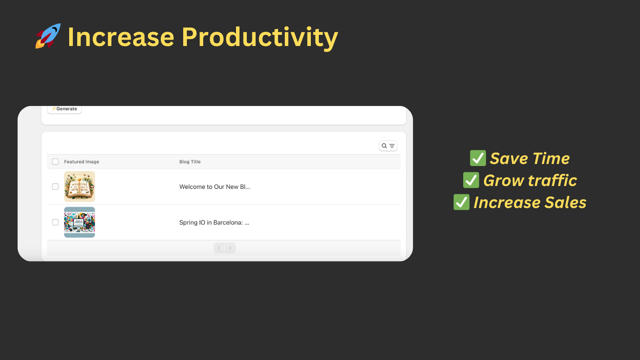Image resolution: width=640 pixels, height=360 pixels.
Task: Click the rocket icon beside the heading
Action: coord(48,36)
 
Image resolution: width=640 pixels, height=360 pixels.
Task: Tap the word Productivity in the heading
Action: coord(260,37)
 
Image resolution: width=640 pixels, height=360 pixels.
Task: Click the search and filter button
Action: coord(388,146)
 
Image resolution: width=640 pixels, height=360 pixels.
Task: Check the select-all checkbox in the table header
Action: coord(55,162)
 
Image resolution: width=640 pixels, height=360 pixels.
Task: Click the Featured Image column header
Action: coord(82,162)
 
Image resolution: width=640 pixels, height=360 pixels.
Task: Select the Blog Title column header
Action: coord(190,162)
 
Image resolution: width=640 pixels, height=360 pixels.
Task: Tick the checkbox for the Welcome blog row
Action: coord(55,186)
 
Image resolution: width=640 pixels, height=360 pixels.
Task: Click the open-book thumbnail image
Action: coord(80,186)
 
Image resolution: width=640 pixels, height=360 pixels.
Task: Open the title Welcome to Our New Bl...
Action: coord(214,187)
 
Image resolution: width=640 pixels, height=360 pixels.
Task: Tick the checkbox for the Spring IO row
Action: coord(55,222)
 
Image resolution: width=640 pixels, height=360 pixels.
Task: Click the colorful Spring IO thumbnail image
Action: coord(80,222)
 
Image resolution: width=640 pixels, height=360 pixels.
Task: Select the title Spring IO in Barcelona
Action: coord(214,223)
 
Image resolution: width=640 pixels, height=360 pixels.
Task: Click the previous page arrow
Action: coord(219,248)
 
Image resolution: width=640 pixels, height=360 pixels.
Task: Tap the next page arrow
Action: coord(230,248)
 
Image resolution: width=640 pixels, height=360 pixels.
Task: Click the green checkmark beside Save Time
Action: coord(478,158)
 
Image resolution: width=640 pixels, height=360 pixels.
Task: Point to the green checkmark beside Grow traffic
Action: coord(471,180)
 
